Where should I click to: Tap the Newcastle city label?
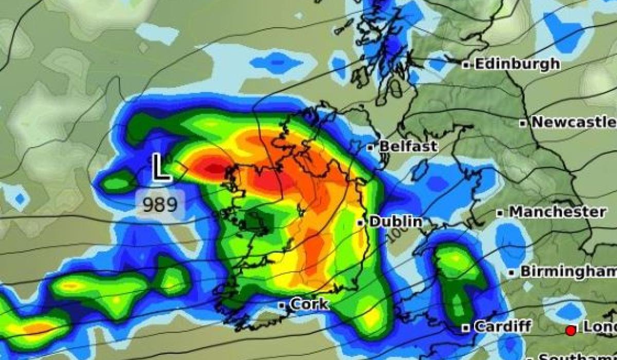(573, 122)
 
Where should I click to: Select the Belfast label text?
(408, 147)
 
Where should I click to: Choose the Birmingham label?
(568, 272)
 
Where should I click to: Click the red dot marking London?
(570, 330)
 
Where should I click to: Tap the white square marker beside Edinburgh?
(466, 65)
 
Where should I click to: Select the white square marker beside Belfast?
(370, 148)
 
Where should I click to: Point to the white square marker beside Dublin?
(360, 223)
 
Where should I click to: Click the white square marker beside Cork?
(282, 305)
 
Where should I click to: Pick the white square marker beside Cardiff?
(465, 328)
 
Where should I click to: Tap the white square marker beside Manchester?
(500, 213)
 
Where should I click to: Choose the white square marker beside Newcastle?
(522, 123)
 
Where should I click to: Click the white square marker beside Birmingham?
(512, 273)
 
